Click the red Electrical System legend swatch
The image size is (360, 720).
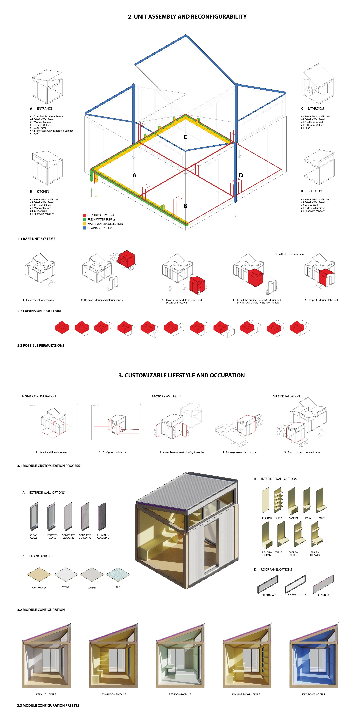point(84,215)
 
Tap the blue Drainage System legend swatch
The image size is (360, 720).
point(84,228)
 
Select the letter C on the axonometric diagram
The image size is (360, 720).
point(185,137)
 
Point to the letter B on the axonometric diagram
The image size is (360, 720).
point(185,206)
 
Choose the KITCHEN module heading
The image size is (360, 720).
point(43,192)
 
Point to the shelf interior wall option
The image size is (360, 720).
point(278,500)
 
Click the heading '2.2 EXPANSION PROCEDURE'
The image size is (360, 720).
point(40,311)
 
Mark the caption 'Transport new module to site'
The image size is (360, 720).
point(304,452)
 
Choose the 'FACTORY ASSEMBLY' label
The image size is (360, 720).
point(166,396)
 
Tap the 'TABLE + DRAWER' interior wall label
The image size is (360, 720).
point(315,554)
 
